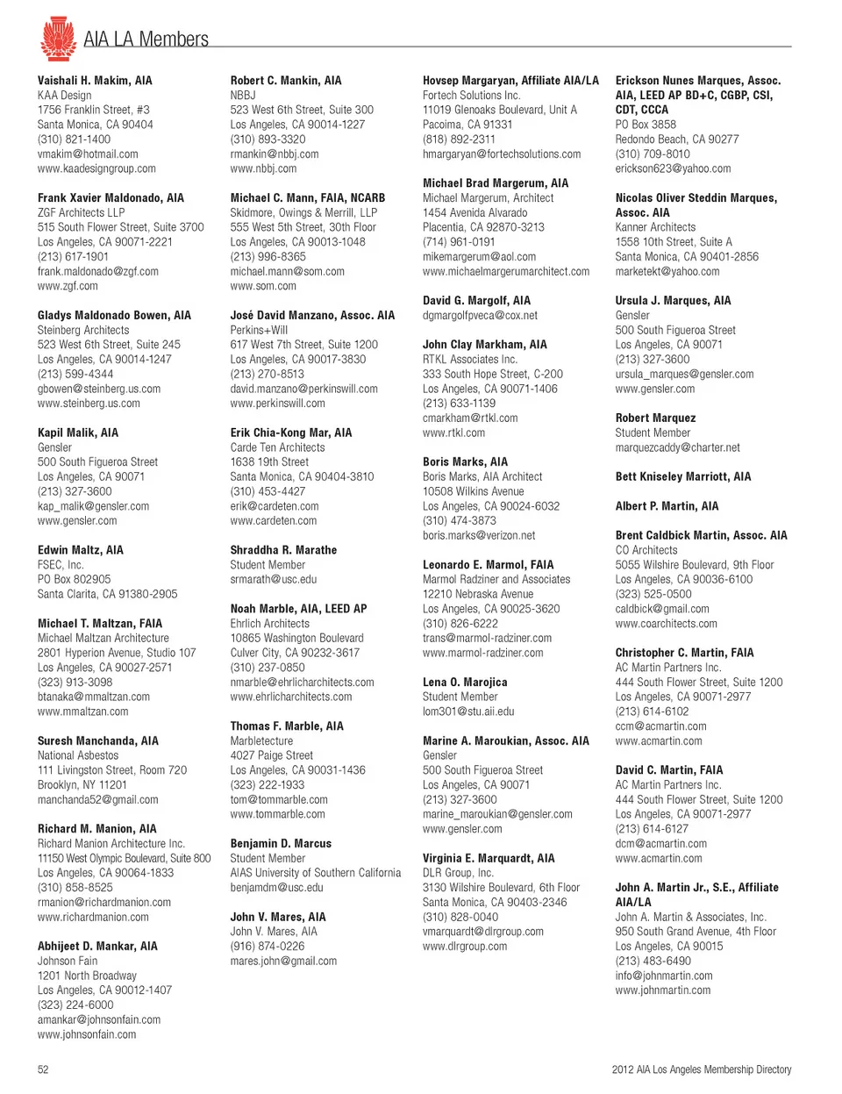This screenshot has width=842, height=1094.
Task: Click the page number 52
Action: pos(43,1069)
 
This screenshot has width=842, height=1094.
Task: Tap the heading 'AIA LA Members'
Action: pos(146,39)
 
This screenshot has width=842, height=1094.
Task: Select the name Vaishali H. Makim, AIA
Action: pos(95,81)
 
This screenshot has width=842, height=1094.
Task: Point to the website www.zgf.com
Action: pos(68,286)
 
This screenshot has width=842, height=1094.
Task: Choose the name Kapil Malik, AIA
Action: pos(78,433)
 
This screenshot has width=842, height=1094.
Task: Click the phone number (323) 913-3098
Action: pos(75,682)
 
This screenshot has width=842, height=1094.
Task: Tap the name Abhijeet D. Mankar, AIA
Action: pos(97,947)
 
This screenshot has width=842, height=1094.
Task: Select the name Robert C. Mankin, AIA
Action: pos(286,81)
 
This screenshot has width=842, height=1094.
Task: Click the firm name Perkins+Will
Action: pos(259,330)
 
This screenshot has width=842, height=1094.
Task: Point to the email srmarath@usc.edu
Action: pos(274,580)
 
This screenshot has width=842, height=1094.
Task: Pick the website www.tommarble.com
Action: pos(277,814)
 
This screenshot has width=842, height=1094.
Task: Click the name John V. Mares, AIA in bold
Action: pos(278,917)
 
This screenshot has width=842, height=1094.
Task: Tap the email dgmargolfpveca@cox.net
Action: pos(480,316)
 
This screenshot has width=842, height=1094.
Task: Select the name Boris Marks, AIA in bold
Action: pos(465,461)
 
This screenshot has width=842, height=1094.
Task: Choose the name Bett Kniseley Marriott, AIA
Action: pos(683,476)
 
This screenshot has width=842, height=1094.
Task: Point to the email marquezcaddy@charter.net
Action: pos(677,447)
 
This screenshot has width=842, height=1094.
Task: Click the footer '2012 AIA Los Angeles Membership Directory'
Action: pos(701,1069)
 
